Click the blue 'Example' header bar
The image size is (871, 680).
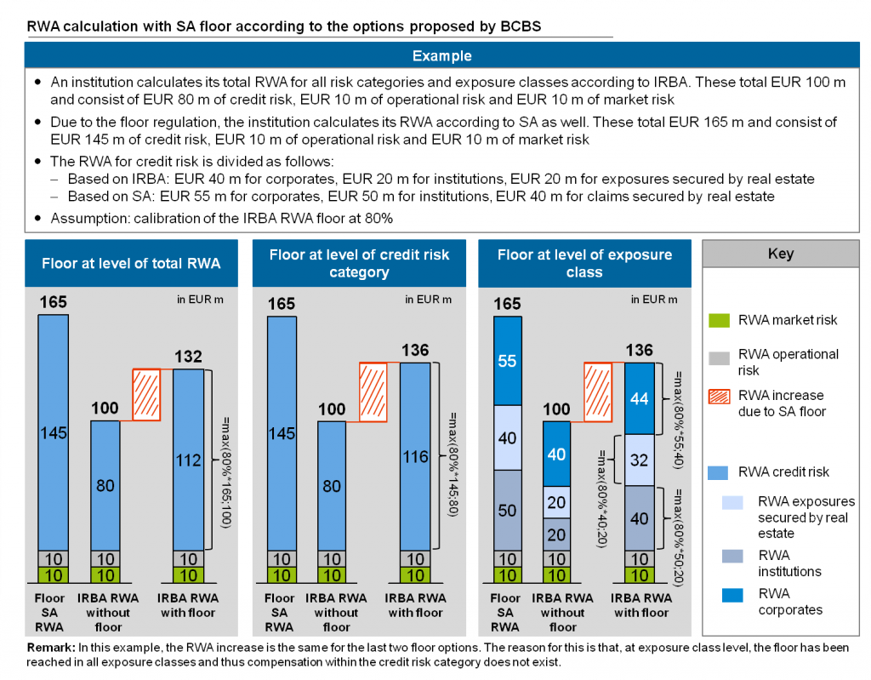[441, 56]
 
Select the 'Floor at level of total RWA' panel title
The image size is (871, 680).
[131, 263]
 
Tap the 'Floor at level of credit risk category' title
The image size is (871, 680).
[359, 263]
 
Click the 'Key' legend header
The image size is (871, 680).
[780, 254]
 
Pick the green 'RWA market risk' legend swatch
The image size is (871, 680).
[720, 320]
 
